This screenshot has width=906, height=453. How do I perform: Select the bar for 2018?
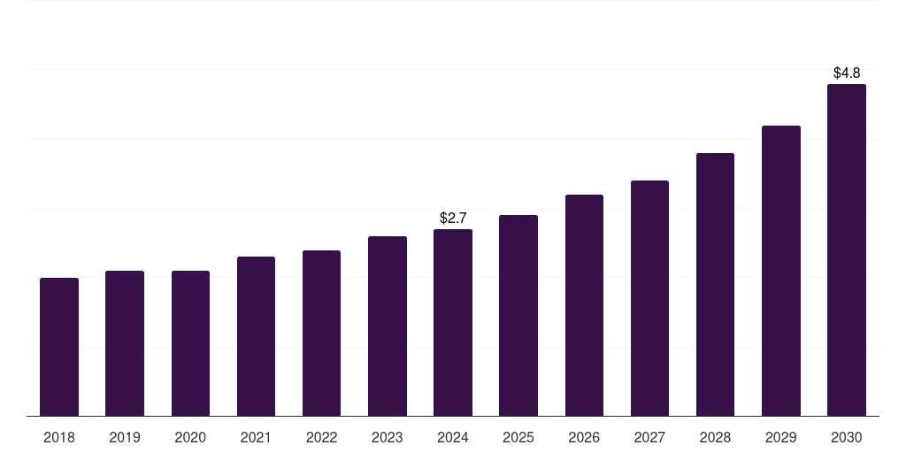[59, 347]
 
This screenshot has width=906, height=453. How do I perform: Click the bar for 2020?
[190, 343]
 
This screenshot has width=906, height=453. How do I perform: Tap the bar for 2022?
[321, 334]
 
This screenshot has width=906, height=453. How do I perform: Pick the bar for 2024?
[453, 323]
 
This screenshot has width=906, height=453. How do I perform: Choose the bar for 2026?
[584, 305]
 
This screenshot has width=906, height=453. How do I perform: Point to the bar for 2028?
[715, 285]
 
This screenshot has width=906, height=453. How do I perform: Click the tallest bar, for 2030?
[846, 250]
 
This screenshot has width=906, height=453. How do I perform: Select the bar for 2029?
[780, 271]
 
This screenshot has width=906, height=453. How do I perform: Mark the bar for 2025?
[518, 316]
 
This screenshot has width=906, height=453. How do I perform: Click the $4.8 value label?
[846, 73]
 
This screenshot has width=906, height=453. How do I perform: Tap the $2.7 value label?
[453, 218]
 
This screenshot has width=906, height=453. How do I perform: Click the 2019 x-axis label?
[125, 437]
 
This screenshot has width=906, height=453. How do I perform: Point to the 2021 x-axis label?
[256, 437]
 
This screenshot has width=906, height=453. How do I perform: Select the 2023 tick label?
[387, 437]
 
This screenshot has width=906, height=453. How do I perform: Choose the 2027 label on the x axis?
[649, 437]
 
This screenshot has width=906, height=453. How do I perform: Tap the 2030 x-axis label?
[846, 437]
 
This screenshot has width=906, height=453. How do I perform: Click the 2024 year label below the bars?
[453, 437]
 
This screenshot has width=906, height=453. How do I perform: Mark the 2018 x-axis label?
[59, 437]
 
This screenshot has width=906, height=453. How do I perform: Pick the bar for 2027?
[649, 298]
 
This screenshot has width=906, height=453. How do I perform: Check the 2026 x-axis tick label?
[584, 437]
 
